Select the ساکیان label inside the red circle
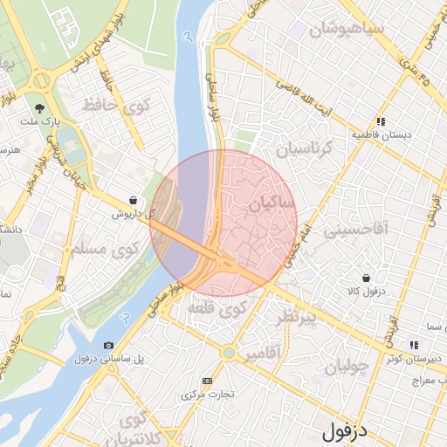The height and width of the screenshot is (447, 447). click(272, 203)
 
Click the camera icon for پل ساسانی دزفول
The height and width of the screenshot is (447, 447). click(108, 346)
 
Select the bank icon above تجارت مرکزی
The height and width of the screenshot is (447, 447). click(207, 381)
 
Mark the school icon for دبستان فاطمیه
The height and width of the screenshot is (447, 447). click(381, 122)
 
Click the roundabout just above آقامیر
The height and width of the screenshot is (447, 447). click(229, 353)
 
